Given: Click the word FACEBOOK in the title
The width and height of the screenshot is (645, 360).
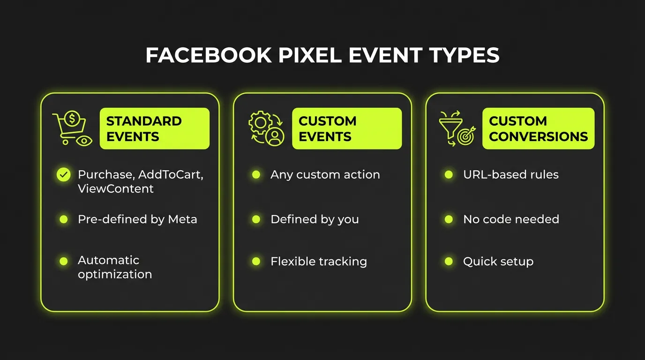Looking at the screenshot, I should click(x=208, y=56).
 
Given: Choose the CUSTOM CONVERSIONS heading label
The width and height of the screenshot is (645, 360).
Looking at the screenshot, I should click(x=538, y=128).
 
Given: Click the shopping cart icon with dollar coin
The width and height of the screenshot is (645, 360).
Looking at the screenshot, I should click(x=72, y=128).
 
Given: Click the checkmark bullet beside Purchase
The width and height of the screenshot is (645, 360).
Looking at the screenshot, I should click(x=63, y=175).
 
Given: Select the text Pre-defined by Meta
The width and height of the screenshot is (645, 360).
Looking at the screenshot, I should click(x=137, y=219).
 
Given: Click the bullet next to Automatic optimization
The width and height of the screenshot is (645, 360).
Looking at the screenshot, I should click(x=63, y=261).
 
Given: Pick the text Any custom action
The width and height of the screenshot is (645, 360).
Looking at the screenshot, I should click(x=325, y=175).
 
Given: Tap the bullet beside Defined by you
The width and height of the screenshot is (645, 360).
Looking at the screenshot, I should click(x=256, y=219).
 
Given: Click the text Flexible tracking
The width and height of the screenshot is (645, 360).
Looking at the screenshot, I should click(x=318, y=262).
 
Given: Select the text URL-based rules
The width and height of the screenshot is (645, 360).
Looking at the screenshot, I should click(x=510, y=175).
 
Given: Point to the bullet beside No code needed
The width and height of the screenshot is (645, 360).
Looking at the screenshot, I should click(x=449, y=219).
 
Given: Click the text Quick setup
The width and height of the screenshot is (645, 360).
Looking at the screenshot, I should click(x=498, y=262).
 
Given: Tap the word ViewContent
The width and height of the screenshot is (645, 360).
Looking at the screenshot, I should click(x=115, y=189).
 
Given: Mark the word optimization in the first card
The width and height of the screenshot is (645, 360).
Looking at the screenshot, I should click(x=115, y=274).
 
